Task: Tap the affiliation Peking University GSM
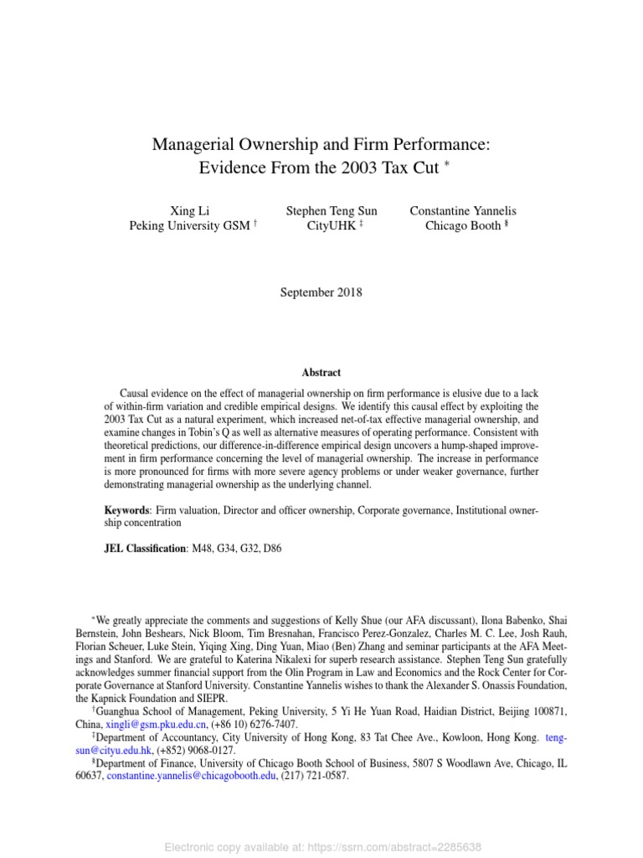tap(188, 225)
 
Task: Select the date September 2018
tap(321, 292)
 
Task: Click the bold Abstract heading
tap(321, 373)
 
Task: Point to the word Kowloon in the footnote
tap(441, 737)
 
